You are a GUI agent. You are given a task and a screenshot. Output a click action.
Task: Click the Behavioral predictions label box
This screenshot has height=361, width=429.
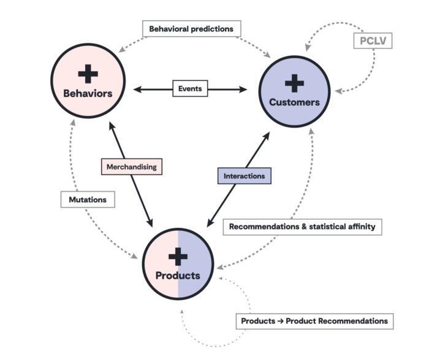[192, 29]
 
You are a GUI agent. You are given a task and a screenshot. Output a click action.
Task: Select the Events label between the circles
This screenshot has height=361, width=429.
[190, 89]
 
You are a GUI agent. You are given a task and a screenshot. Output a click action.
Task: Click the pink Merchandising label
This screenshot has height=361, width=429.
[131, 166]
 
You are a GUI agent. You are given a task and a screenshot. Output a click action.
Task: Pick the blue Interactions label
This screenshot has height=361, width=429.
[244, 176]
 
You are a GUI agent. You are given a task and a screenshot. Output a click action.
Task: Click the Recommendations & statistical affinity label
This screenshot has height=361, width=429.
[302, 227]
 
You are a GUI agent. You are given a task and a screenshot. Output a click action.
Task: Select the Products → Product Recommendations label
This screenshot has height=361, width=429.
[314, 321]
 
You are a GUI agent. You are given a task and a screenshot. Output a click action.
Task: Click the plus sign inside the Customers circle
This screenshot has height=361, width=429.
[295, 82]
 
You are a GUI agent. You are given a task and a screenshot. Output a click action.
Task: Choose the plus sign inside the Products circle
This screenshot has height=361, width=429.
[178, 256]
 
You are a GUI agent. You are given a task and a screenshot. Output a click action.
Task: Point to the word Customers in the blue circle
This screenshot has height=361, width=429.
[295, 102]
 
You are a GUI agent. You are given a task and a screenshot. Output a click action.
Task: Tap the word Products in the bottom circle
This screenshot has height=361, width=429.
[178, 276]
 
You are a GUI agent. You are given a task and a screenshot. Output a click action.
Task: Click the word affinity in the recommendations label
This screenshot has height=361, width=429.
[360, 227]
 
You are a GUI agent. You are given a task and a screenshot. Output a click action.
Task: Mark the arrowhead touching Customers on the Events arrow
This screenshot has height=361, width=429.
[245, 90]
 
